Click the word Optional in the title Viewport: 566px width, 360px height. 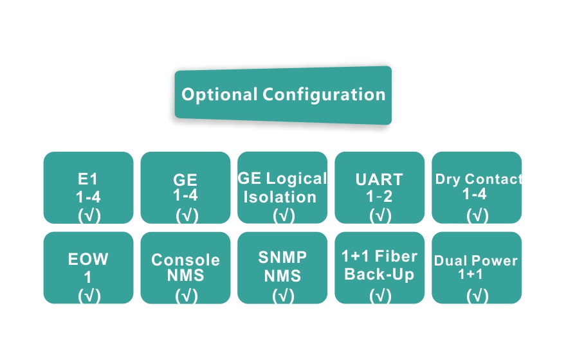[219, 94]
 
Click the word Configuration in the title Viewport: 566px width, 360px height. [324, 95]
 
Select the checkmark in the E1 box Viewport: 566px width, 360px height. [89, 215]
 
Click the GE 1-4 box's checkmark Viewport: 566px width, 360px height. [186, 215]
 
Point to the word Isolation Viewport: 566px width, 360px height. [280, 197]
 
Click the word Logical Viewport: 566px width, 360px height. [297, 179]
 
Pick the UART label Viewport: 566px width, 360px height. [379, 179]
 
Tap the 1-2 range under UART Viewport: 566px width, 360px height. [379, 196]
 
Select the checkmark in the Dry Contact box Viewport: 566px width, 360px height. [477, 215]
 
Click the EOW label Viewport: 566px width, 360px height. [88, 260]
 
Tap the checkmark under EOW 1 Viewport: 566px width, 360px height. [89, 295]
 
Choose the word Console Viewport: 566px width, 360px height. [185, 260]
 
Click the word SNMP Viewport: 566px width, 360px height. [283, 257]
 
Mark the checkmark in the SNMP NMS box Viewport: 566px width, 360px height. [283, 295]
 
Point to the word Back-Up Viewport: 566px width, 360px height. [379, 274]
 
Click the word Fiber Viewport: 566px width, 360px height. [397, 256]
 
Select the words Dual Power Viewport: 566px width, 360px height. [476, 260]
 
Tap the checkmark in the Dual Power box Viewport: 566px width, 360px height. [477, 295]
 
